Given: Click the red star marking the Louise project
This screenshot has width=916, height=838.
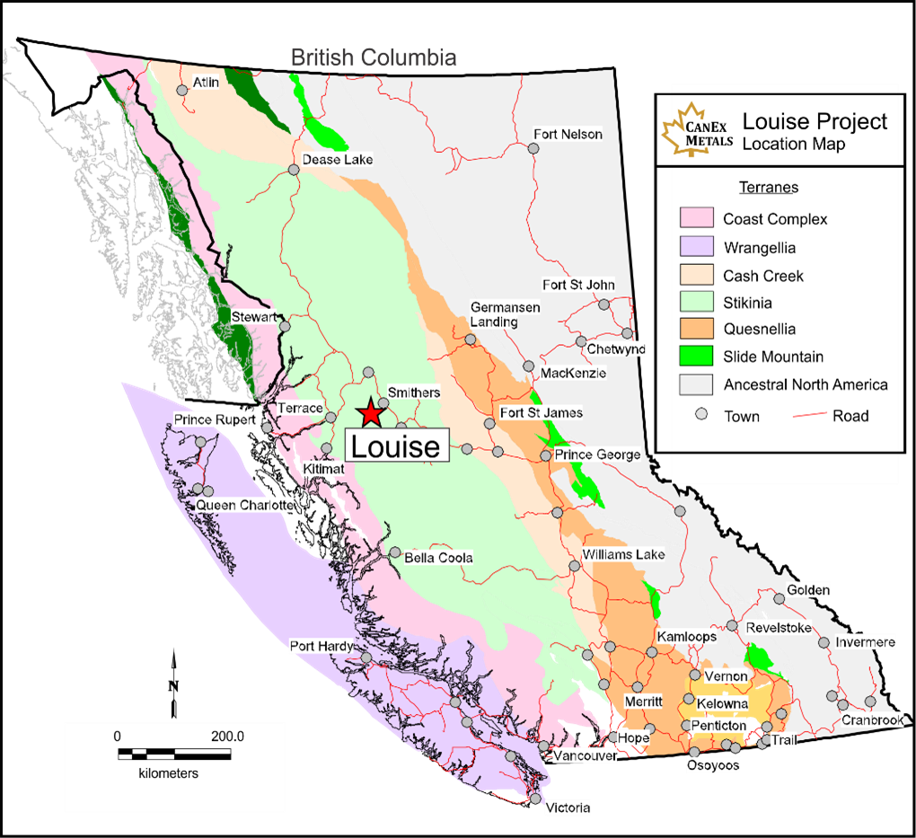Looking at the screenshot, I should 370,413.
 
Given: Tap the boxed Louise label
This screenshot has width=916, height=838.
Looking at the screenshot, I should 395,445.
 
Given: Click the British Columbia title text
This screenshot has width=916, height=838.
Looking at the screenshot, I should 374,58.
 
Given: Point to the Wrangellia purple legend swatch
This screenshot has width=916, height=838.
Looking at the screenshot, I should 696,248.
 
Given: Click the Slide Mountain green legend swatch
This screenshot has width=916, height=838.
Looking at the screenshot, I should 696,357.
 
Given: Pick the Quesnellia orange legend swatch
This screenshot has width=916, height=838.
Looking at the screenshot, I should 696,330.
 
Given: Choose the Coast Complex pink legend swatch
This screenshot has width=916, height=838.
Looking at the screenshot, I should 696,219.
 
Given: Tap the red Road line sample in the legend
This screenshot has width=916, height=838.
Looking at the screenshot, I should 808,415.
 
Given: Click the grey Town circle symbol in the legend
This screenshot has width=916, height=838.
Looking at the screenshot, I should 702,415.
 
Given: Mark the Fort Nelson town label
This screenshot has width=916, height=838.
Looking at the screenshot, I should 568,135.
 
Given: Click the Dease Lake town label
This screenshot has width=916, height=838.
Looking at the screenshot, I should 337,160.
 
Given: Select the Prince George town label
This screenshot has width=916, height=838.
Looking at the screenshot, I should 597,454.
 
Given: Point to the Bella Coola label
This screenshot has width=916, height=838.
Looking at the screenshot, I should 438,558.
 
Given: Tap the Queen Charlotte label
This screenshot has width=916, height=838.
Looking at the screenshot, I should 245,506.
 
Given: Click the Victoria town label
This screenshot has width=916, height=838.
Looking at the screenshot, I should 568,808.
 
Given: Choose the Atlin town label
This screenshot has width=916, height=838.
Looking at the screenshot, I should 206,83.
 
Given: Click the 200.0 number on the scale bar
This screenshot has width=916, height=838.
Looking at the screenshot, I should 228,737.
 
